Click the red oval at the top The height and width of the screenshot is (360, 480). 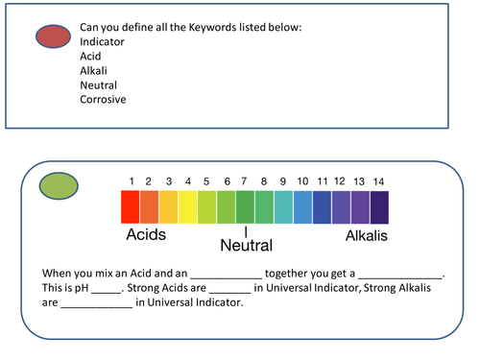[x=54, y=37]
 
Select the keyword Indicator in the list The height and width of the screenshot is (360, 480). [x=102, y=41]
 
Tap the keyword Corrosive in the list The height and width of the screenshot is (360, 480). [x=103, y=99]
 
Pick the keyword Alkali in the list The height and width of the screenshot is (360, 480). [x=93, y=70]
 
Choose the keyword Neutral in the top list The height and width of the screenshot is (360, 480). [x=98, y=84]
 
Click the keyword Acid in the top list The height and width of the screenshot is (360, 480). [x=90, y=56]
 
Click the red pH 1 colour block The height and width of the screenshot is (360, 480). [x=130, y=206]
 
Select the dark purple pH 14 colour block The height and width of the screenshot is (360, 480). [x=379, y=206]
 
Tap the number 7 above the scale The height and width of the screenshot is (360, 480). [x=247, y=181]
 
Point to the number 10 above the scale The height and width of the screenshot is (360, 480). [x=302, y=181]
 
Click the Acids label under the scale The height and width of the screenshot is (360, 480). [x=146, y=234]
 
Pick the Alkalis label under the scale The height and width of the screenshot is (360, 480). [x=366, y=234]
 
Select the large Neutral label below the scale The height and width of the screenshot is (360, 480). [x=247, y=246]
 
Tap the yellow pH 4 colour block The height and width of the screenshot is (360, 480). [x=187, y=206]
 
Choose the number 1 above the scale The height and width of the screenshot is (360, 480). [x=131, y=181]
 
